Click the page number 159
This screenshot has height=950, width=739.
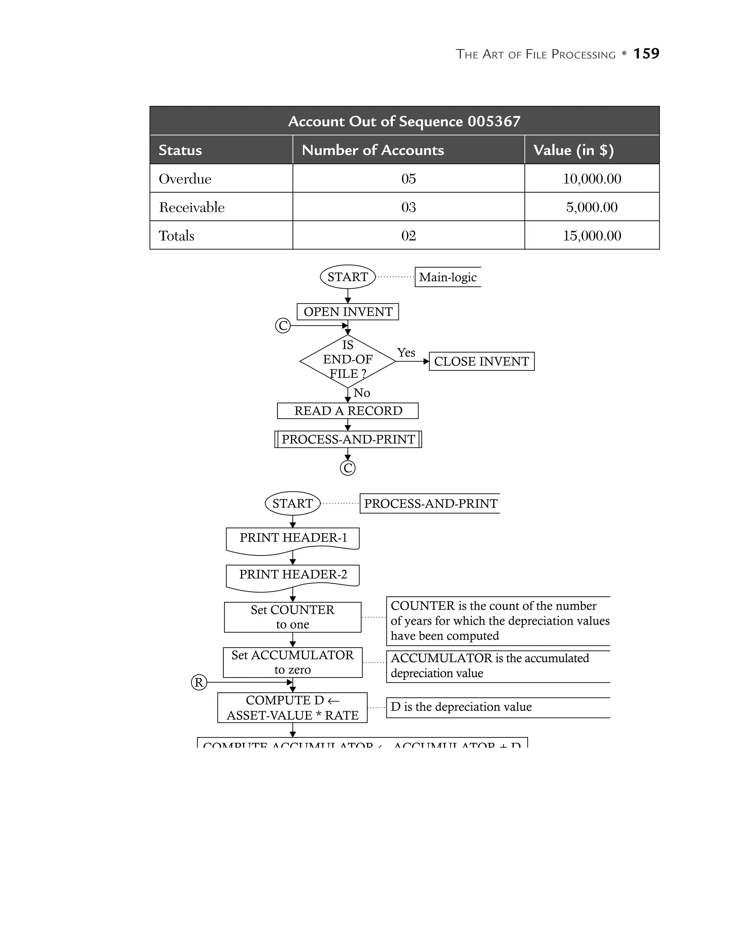coord(646,53)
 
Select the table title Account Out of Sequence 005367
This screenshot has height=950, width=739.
coord(404,121)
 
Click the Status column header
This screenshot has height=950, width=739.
coord(180,150)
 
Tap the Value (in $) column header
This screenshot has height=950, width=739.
coord(573,150)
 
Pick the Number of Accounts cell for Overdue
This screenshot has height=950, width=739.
coord(408,179)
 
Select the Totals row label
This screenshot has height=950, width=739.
coord(176,236)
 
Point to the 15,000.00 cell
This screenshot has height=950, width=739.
coord(592,236)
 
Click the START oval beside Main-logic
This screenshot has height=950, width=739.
coord(347,277)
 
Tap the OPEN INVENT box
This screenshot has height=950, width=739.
coord(348,312)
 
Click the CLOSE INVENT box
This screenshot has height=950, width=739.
coord(481,362)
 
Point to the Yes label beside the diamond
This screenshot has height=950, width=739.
coord(406,353)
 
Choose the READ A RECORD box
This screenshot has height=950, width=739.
coord(348,411)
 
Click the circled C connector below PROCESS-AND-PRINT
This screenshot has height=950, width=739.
coord(347,468)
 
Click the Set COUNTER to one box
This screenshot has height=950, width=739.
coord(293,617)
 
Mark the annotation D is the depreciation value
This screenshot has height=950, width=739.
coord(461,707)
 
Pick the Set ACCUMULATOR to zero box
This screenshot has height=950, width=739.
coord(293,662)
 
